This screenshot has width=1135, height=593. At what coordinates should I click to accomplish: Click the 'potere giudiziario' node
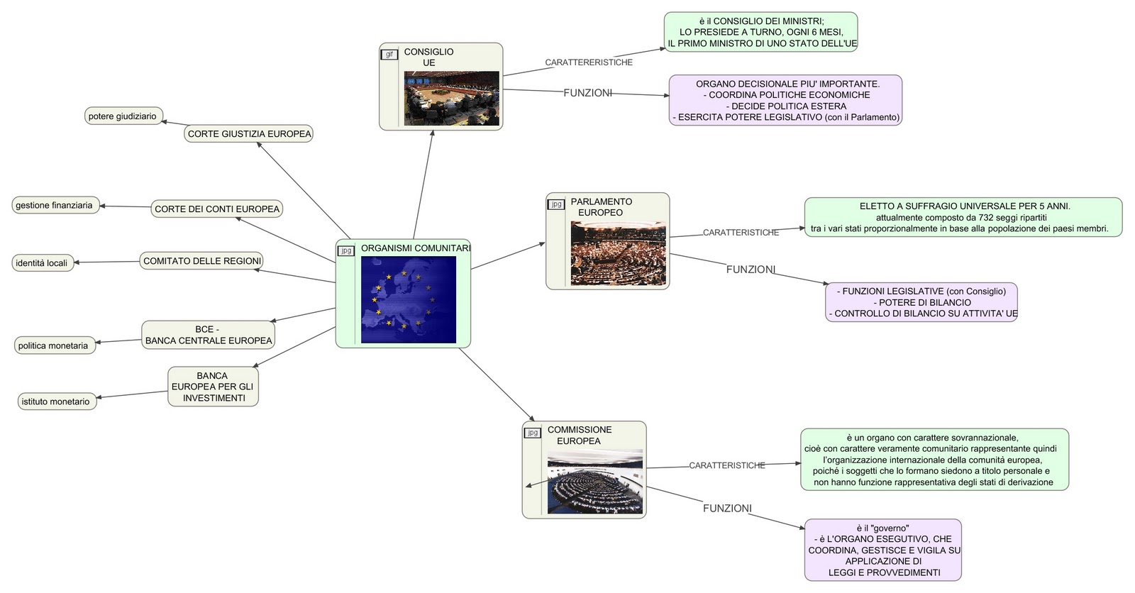click(123, 116)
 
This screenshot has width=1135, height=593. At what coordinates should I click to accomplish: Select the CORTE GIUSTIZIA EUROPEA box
click(249, 133)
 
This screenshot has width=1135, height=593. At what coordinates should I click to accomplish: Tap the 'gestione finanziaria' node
click(55, 205)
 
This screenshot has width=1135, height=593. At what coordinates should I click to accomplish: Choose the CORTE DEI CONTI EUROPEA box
click(217, 209)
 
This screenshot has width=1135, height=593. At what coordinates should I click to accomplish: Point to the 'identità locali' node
click(42, 262)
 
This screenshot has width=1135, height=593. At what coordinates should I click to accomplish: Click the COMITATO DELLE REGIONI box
click(202, 260)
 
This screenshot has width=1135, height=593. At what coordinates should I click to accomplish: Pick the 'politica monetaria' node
click(54, 345)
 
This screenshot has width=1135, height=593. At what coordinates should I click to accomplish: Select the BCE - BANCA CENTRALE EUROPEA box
click(208, 335)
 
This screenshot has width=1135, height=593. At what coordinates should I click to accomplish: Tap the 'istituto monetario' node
click(56, 401)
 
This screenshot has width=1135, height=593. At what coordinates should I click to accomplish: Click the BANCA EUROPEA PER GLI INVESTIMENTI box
click(213, 387)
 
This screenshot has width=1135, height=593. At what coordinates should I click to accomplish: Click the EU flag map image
click(408, 299)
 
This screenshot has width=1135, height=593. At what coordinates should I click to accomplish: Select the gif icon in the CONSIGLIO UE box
click(389, 55)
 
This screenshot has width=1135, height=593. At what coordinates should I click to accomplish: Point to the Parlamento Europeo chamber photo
click(618, 253)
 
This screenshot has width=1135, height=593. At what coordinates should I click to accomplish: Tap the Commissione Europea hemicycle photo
click(594, 481)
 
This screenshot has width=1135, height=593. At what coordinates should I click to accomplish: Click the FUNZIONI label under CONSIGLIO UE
click(587, 93)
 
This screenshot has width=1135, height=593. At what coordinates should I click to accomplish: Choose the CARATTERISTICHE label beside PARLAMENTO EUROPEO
click(741, 233)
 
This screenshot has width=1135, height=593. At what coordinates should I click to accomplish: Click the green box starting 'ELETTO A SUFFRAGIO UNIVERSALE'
click(963, 217)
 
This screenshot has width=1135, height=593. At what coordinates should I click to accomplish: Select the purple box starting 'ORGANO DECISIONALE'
click(785, 100)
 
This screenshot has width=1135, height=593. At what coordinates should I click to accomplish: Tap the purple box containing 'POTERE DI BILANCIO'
click(921, 302)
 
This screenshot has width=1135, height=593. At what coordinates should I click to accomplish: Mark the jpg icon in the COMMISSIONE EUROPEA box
click(533, 433)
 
